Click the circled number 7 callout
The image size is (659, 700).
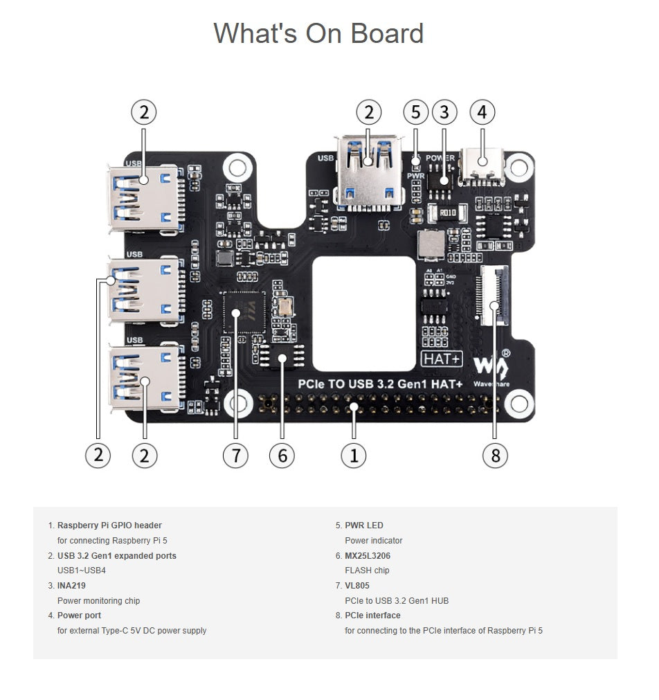tap(235, 455)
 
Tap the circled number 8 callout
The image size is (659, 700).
tap(495, 455)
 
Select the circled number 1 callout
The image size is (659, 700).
tap(354, 455)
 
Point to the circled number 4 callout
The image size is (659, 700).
tap(482, 112)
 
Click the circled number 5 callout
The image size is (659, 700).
tap(415, 112)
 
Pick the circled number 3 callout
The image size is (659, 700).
tap(444, 112)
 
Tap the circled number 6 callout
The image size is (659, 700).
tap(282, 455)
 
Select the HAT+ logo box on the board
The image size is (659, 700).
tap(442, 359)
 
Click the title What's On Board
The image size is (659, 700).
tap(318, 33)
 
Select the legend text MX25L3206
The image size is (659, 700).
tap(372, 555)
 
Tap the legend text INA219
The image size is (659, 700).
tap(71, 586)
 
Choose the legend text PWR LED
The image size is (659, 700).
tap(364, 526)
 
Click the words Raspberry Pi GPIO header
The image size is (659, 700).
tap(109, 526)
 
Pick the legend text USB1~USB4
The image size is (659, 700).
tap(81, 571)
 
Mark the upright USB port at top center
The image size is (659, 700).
tap(368, 173)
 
